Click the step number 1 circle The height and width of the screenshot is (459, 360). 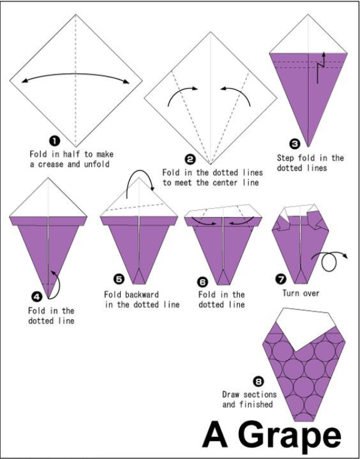[x=55, y=142]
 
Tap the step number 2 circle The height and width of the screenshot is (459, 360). [x=190, y=160]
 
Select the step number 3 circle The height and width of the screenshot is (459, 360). [x=295, y=144]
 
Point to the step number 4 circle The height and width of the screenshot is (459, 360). [x=37, y=297]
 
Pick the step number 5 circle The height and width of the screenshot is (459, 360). [x=119, y=279]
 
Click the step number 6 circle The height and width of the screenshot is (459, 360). [x=203, y=282]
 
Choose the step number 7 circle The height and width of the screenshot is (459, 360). [x=281, y=279]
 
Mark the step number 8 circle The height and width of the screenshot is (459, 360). [x=259, y=382]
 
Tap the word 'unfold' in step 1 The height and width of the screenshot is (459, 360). [x=97, y=164]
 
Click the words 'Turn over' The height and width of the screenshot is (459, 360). [x=301, y=293]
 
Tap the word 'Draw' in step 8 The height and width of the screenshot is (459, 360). [x=230, y=394]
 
